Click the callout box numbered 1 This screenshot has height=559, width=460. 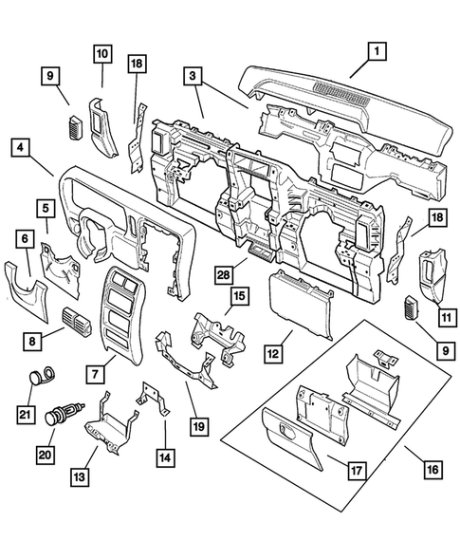(377, 51)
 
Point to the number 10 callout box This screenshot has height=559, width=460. (101, 55)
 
